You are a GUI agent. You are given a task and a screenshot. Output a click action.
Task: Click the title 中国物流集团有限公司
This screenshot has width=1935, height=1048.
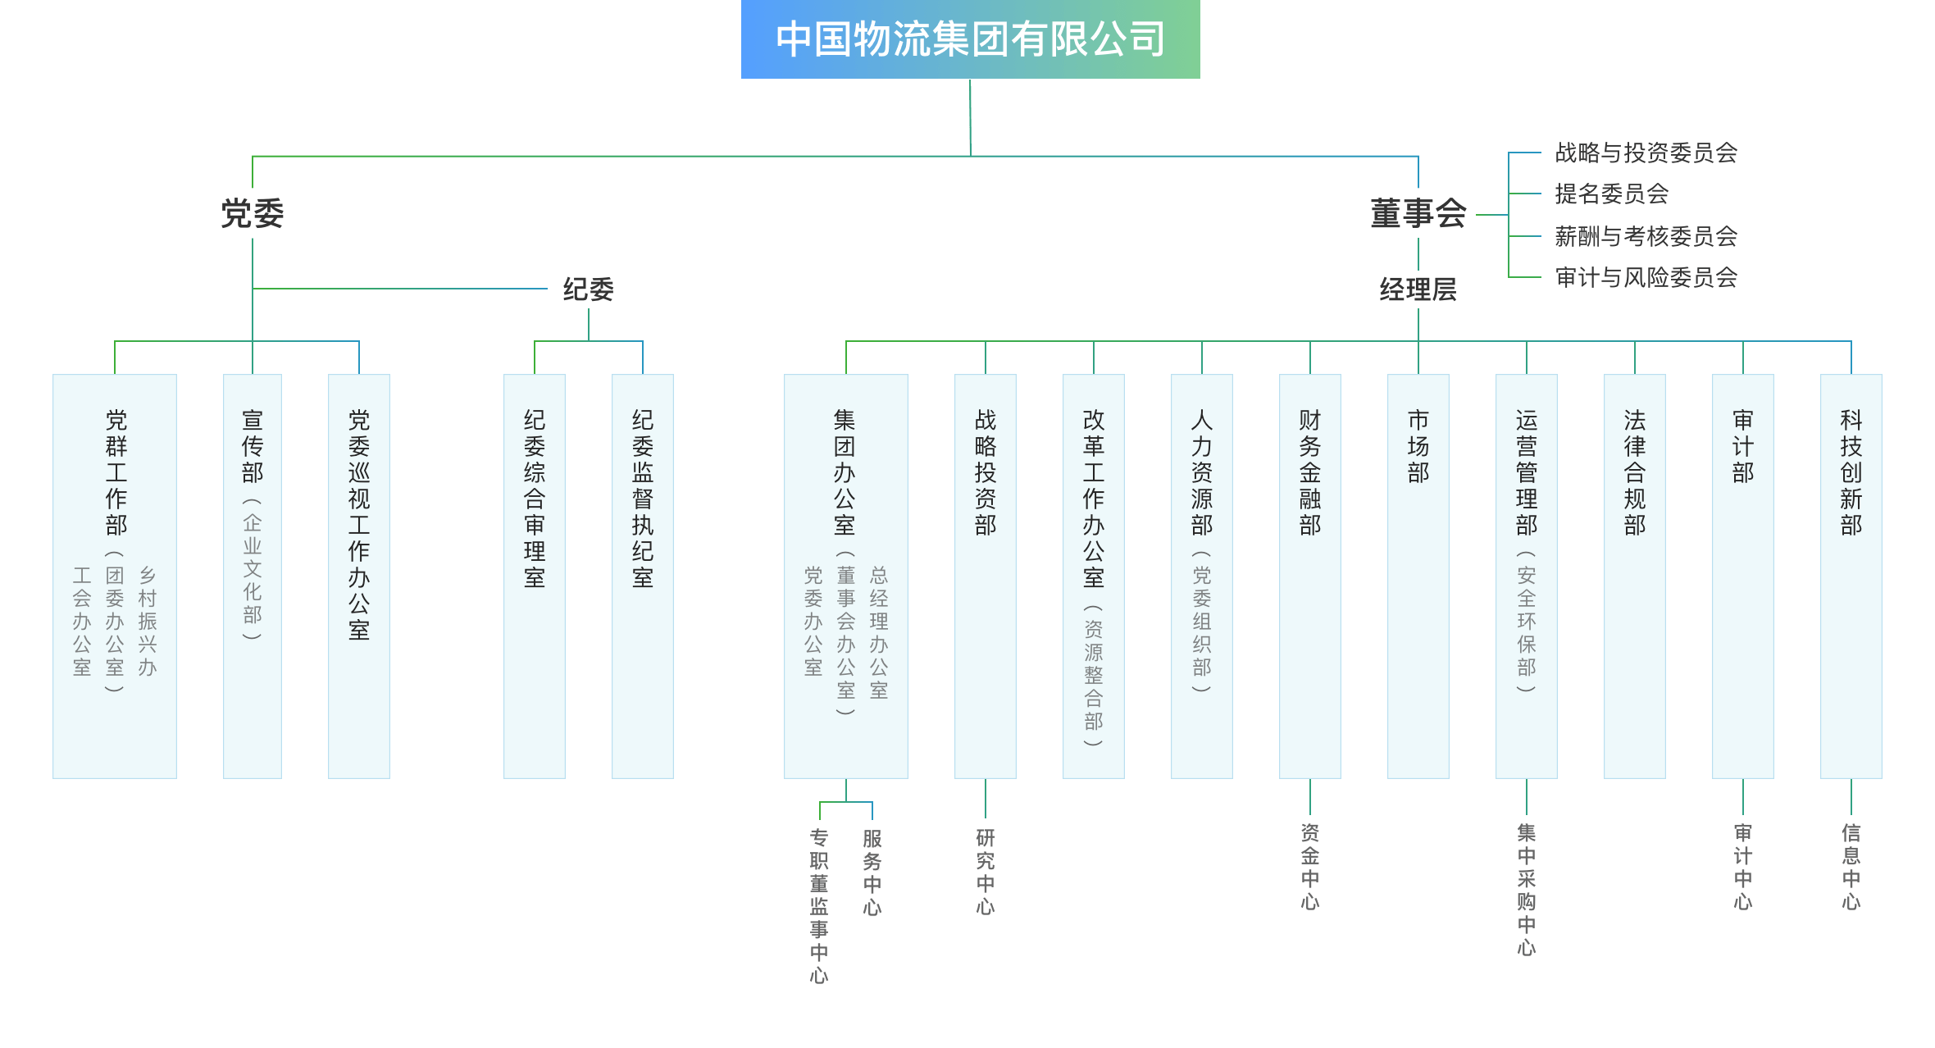pos(970,39)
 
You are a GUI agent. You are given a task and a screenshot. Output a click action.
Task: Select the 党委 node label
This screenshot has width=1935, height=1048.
pos(252,214)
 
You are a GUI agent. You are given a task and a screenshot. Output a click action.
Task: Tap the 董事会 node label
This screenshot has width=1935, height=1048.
pos(1418,214)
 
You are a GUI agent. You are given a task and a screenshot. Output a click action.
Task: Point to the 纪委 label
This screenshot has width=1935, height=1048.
pos(588,289)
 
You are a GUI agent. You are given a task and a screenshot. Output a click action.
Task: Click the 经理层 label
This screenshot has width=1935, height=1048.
pos(1418,289)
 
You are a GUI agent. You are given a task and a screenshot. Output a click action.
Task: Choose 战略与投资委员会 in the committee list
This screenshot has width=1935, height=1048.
pos(1646,153)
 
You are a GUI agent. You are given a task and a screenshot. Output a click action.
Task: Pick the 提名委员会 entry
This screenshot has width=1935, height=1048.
pos(1611,194)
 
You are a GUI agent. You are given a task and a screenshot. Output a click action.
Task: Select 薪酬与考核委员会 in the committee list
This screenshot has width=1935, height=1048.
pos(1646,237)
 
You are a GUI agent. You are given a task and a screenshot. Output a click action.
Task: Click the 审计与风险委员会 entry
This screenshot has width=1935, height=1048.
pos(1646,278)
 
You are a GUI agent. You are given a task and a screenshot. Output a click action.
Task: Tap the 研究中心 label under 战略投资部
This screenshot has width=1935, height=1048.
pos(985,872)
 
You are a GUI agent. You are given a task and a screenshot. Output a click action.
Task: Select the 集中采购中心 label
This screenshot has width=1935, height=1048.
pos(1526,890)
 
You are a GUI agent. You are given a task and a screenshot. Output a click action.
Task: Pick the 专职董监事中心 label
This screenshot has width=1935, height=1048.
pos(819,906)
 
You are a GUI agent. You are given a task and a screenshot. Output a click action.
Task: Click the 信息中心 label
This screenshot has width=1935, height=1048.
pos(1851,867)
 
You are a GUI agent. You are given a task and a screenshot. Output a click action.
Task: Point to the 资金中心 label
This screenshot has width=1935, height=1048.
pos(1309,867)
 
